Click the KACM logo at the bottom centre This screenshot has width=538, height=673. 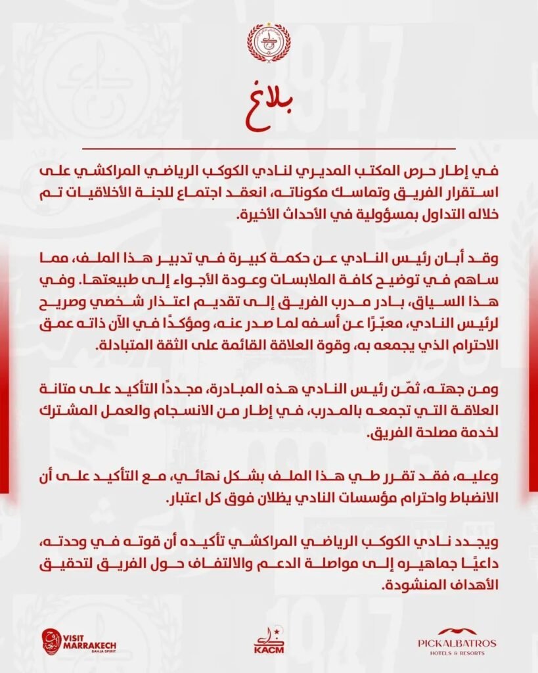pos(268,640)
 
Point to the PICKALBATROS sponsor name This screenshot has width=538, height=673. pos(457,642)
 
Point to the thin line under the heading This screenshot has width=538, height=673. pos(268,149)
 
